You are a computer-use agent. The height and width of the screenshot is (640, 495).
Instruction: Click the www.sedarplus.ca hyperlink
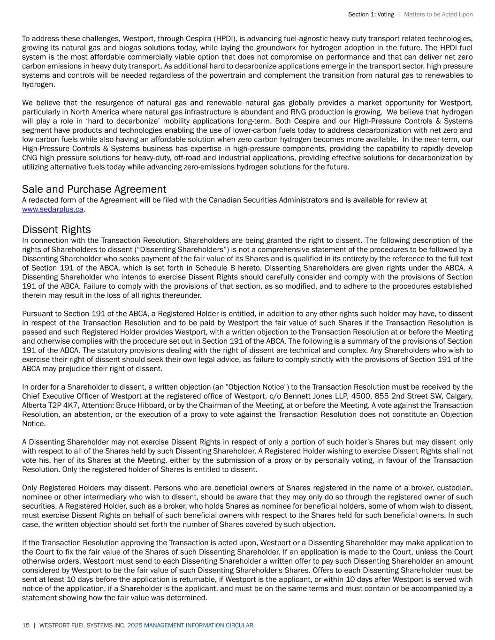pyautogui.click(x=53, y=210)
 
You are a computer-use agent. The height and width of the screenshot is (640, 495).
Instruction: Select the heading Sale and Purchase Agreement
pyautogui.click(x=94, y=189)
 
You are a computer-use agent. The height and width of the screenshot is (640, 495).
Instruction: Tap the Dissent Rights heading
pyautogui.click(x=56, y=230)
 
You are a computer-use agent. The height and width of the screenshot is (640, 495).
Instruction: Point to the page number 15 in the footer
pyautogui.click(x=26, y=625)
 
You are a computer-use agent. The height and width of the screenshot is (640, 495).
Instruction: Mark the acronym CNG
pyautogui.click(x=30, y=158)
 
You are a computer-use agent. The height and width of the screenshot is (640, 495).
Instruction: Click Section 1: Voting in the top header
pyautogui.click(x=371, y=15)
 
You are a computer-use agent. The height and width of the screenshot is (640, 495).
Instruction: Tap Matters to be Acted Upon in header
pyautogui.click(x=438, y=15)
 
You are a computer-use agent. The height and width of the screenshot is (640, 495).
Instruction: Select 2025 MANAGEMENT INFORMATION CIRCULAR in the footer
pyautogui.click(x=190, y=625)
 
